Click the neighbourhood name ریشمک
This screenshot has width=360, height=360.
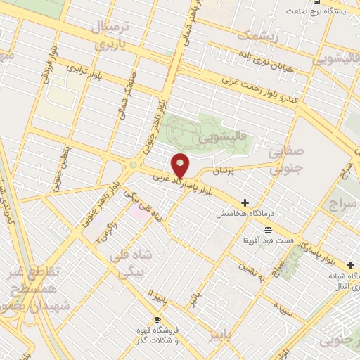(257, 35)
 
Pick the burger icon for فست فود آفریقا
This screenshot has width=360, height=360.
(268, 230)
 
